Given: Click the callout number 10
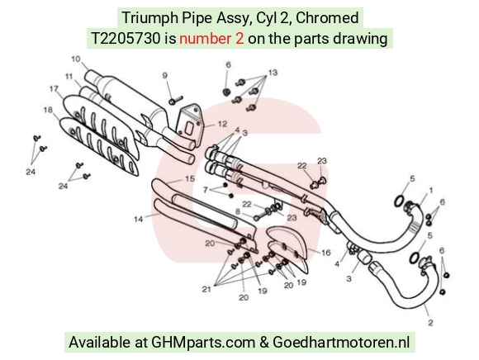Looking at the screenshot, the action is (x=76, y=59).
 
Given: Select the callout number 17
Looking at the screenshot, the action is (x=54, y=88).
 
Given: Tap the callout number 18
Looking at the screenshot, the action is (x=48, y=110).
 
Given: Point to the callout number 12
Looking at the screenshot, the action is (x=222, y=124).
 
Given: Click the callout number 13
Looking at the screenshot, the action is (x=273, y=73).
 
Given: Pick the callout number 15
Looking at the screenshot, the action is (x=190, y=178).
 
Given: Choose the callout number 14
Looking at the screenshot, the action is (x=139, y=219).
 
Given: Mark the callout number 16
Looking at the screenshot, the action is (x=326, y=253).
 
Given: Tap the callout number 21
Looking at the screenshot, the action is (x=206, y=289).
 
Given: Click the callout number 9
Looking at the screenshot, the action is (x=165, y=75).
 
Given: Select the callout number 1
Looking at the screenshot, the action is (x=431, y=191).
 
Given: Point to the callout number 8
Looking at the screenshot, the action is (x=238, y=211).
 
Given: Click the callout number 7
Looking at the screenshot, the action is (x=206, y=190).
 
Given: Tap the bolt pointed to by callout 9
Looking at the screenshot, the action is (x=175, y=100).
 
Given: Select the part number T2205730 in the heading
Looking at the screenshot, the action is (x=126, y=39).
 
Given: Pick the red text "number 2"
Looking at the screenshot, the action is (x=211, y=39).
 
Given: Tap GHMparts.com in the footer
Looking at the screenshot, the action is (x=203, y=343).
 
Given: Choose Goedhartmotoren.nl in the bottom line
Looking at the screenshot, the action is (x=341, y=342).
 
